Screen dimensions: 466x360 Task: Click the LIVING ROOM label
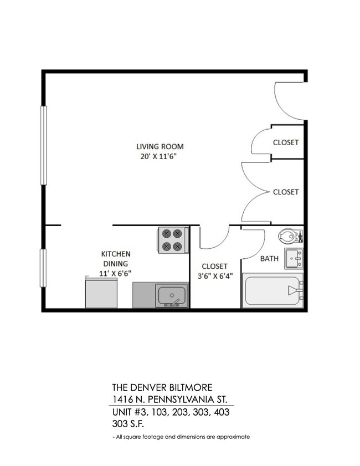(x=160, y=147)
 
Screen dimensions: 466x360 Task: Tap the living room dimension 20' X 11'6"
(x=160, y=157)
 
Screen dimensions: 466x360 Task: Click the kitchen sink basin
(x=171, y=295)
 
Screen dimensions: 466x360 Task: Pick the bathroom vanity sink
(x=294, y=258)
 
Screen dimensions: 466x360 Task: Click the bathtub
(x=273, y=290)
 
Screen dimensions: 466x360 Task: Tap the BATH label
(x=269, y=259)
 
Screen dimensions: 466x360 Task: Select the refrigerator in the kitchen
(x=101, y=293)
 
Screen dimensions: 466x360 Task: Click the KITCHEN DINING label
(x=115, y=259)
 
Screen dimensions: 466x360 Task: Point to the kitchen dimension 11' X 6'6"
(x=115, y=273)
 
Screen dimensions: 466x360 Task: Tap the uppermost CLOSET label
(x=286, y=142)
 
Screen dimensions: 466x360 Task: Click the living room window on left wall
(x=43, y=145)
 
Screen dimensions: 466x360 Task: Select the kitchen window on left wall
(x=43, y=268)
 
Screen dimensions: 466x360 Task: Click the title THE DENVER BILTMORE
(x=162, y=387)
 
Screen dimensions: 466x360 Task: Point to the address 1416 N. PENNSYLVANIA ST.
(x=169, y=400)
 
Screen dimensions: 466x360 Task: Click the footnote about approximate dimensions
(x=181, y=437)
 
